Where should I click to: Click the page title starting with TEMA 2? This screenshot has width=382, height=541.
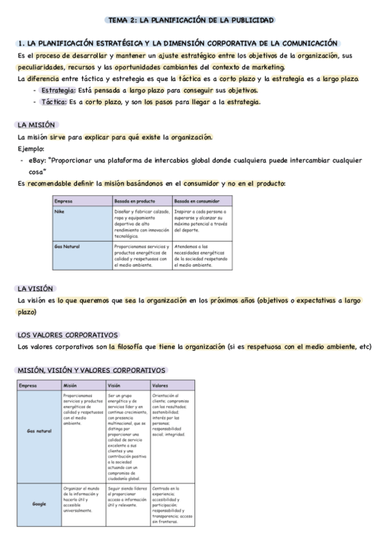click(x=191, y=20)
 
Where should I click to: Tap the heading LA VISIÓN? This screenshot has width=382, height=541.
click(x=36, y=288)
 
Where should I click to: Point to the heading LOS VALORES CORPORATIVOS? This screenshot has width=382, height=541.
click(x=68, y=334)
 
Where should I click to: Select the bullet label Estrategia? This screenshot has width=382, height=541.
click(x=58, y=91)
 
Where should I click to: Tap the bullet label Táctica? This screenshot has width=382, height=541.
click(x=55, y=102)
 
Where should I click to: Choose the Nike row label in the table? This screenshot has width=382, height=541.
click(x=61, y=210)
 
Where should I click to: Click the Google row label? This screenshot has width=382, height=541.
click(x=40, y=503)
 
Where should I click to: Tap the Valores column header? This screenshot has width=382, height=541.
click(x=160, y=385)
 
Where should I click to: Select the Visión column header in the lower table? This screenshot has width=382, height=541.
click(x=115, y=385)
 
